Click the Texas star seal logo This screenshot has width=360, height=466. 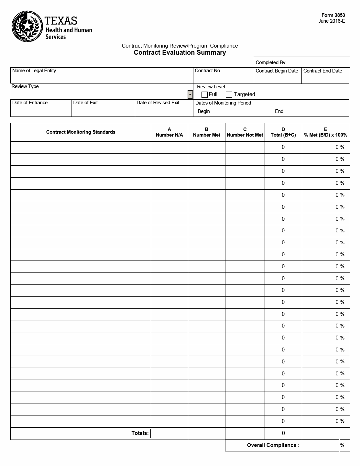pos(27,26)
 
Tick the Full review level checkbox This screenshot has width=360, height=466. pos(204,94)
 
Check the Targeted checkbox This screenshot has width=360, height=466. pos(229,94)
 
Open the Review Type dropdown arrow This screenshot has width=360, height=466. pos(190,94)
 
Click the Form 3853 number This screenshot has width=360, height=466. pos(333,15)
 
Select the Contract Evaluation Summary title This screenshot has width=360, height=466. pos(180,53)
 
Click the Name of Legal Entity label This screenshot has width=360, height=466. pos(34,71)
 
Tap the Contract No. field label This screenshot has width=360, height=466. pos(208,71)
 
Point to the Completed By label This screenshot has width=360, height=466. pos(271,62)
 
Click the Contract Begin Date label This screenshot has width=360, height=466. pos(277,71)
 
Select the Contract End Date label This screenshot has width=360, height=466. pos(322,71)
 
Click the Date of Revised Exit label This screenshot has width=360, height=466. pos(158,103)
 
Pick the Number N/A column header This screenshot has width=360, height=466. pos(169,132)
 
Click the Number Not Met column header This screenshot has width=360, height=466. pos(245,132)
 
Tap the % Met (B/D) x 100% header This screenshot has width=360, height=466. pos(325,132)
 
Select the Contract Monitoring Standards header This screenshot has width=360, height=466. pos(81,132)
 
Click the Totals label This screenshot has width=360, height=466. pos(140,433)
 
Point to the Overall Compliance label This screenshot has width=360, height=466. pos(273,445)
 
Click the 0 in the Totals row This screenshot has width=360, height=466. pos(283,433)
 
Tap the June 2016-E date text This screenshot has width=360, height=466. pos(332,21)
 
